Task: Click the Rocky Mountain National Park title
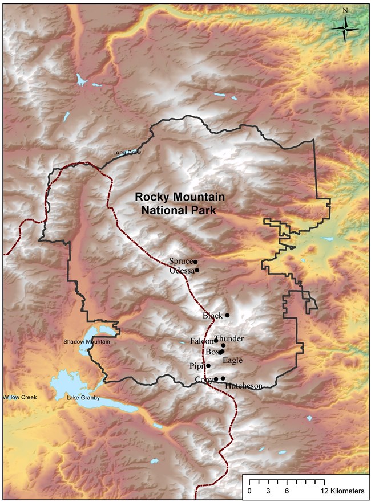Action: point(180,202)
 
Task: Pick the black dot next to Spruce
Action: point(195,262)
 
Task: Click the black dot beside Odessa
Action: point(197,270)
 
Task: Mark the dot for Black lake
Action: point(227,315)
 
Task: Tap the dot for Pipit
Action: point(208,366)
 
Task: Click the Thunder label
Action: point(229,338)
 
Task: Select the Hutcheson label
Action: point(244,386)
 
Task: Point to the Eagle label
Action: point(233,360)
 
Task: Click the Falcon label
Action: point(201,341)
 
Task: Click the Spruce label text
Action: point(180,262)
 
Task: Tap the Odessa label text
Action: point(182,271)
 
